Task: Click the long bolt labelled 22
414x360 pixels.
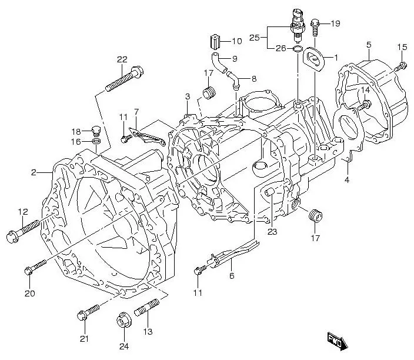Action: pos(124,80)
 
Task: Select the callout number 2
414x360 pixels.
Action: pos(34,172)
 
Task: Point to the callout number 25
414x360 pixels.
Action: pos(254,37)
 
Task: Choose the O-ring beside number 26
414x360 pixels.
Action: pos(298,49)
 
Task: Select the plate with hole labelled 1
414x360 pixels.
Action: pos(314,59)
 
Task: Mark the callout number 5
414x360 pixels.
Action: pos(368,45)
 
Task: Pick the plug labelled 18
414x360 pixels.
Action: pos(97,130)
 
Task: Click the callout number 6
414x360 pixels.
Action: pos(231,275)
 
